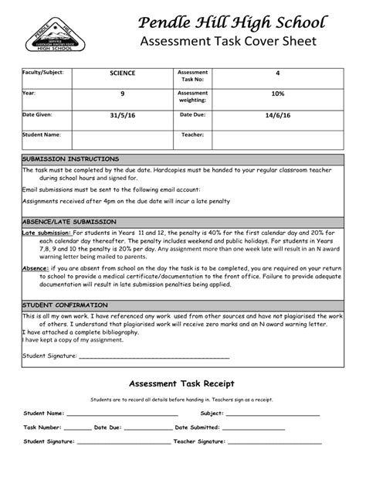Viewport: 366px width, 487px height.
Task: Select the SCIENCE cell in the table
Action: coord(122,73)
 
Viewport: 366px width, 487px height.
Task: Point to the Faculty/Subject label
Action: coord(42,72)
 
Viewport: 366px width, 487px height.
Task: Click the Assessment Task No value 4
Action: coord(277,73)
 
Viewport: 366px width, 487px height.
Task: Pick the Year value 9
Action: coord(122,94)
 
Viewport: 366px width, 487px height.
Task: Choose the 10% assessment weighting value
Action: coord(277,94)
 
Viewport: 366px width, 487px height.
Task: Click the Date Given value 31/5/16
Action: coord(122,114)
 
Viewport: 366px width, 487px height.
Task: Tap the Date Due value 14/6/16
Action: coord(277,114)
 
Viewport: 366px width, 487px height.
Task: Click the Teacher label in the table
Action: coord(192,135)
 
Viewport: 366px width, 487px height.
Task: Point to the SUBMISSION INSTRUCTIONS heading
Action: coord(70,158)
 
